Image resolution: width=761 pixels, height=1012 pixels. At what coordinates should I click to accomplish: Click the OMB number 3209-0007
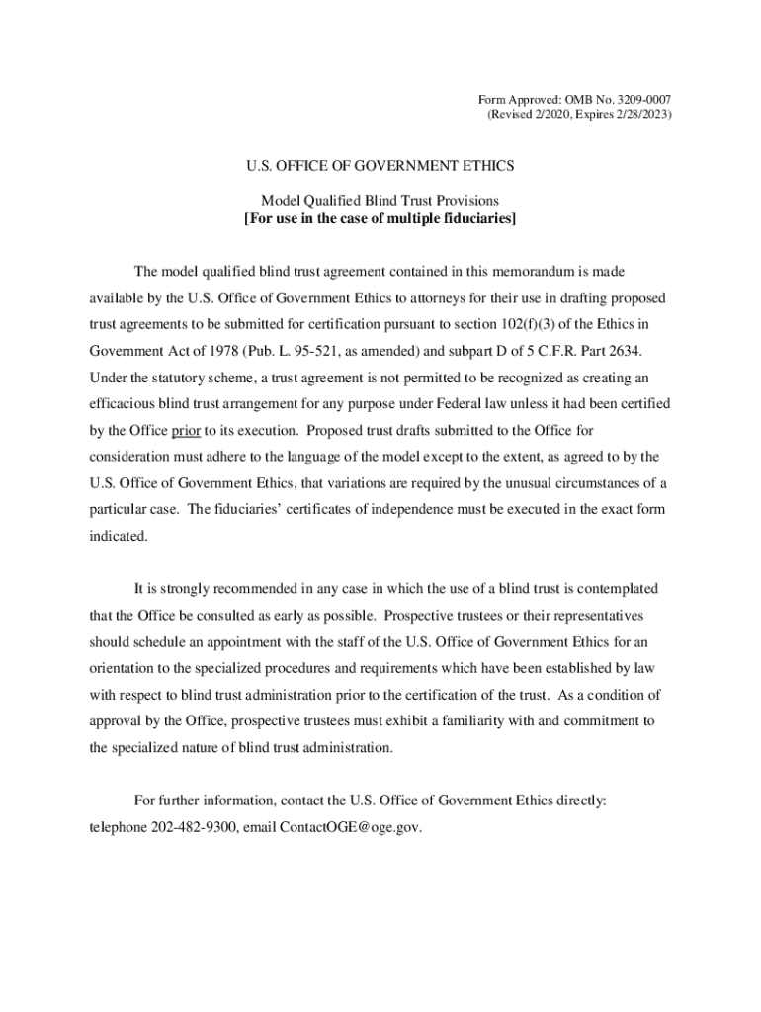[642, 99]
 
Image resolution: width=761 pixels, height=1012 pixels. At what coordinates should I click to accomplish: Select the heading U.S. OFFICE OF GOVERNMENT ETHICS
[380, 167]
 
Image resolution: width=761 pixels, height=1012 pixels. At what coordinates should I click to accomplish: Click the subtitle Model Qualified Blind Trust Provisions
[380, 201]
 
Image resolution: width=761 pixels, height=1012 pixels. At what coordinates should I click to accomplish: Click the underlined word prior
[186, 431]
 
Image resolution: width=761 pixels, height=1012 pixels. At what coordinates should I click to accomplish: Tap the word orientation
[127, 668]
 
